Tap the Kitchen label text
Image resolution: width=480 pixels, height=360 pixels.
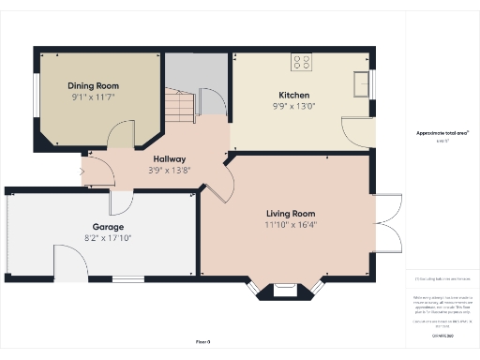coord(293,95)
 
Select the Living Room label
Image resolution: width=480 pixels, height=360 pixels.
coord(290,213)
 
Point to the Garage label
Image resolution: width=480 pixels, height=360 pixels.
coord(108,227)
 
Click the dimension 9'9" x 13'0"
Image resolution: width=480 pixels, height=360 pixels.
coord(293,106)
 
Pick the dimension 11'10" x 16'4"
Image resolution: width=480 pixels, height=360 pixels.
coord(290,225)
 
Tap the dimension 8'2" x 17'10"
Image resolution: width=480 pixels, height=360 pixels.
coord(108,238)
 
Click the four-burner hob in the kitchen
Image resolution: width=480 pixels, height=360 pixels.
coord(302,64)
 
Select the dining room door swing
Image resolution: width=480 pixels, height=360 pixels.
coord(120,139)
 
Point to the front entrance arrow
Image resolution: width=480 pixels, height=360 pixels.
coord(82,171)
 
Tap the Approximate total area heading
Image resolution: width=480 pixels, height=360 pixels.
coord(442,133)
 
